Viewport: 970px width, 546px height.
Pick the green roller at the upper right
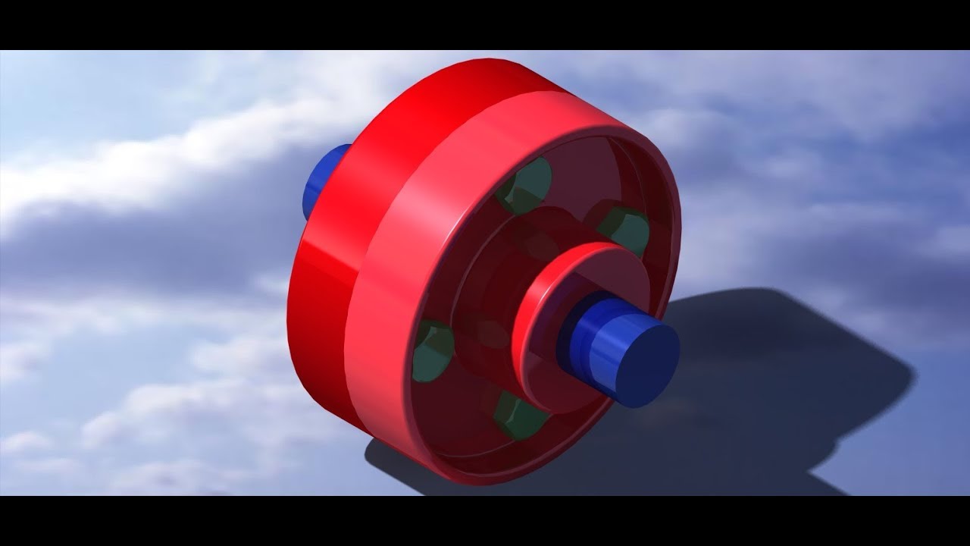click(x=626, y=229)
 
